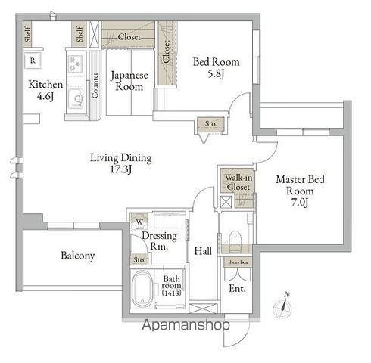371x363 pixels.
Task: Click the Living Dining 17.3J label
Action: (120, 164)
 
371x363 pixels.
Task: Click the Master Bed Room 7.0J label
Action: (301, 191)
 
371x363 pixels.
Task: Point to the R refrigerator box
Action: (33, 60)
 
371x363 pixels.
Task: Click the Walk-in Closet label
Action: (238, 180)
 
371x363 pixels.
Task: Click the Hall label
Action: (202, 250)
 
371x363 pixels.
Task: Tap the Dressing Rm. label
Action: (160, 240)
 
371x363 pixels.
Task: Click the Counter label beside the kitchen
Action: (95, 84)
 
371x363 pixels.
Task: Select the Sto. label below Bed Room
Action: (210, 123)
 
